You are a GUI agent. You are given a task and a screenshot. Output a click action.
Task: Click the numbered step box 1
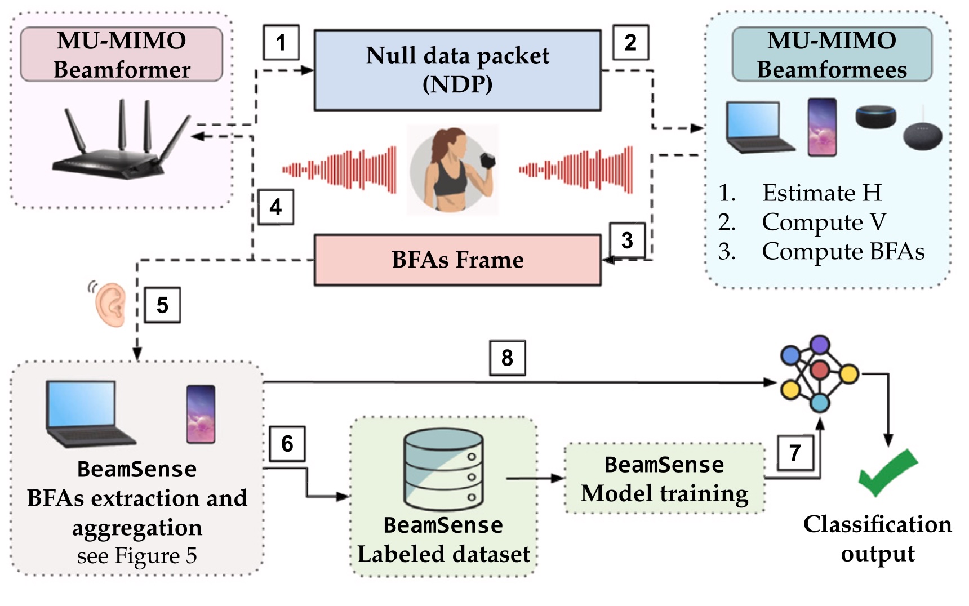pyautogui.click(x=281, y=43)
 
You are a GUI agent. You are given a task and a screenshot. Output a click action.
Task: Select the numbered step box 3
pyautogui.click(x=627, y=240)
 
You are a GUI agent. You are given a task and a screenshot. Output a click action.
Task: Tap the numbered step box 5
pyautogui.click(x=162, y=305)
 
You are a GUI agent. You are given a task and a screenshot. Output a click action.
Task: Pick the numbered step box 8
pyautogui.click(x=507, y=358)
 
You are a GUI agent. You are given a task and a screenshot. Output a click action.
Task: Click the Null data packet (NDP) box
pyautogui.click(x=457, y=70)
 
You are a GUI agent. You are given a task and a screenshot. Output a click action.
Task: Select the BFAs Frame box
pyautogui.click(x=457, y=260)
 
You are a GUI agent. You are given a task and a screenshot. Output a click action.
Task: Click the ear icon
pyautogui.click(x=110, y=304)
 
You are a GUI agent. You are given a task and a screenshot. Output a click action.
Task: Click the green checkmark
pyautogui.click(x=886, y=472)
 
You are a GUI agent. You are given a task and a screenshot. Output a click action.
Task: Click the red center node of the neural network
pyautogui.click(x=820, y=371)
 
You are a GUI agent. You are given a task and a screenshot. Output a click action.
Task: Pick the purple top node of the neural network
pyautogui.click(x=820, y=344)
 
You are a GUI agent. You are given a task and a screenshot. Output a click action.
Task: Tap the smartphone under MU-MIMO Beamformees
pyautogui.click(x=822, y=127)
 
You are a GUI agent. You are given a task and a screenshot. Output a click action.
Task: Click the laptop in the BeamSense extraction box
pyautogui.click(x=87, y=413)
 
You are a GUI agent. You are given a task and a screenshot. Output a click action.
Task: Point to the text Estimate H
pyautogui.click(x=821, y=193)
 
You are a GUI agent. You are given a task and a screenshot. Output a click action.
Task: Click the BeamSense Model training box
pyautogui.click(x=665, y=479)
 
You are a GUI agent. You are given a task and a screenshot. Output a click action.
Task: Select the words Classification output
pyautogui.click(x=877, y=538)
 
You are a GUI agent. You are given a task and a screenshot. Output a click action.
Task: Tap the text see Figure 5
pyautogui.click(x=137, y=556)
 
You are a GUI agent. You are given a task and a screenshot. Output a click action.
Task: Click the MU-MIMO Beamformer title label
pyautogui.click(x=122, y=55)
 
